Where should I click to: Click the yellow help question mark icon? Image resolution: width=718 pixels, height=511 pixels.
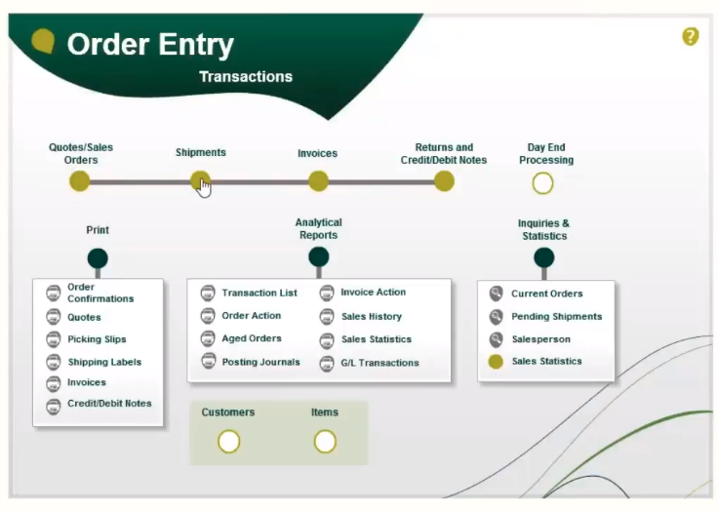click(691, 37)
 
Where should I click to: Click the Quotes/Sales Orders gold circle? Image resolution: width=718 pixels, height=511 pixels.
click(80, 181)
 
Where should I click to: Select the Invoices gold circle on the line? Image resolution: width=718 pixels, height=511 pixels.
click(318, 181)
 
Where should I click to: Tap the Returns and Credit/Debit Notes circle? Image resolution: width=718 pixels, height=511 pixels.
click(444, 181)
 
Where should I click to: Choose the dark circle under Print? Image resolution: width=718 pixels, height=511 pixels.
click(98, 258)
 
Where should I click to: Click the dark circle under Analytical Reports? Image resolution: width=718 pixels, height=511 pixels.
click(319, 256)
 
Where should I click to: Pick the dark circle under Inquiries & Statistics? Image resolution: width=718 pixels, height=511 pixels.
click(544, 257)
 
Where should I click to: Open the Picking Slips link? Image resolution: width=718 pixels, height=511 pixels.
click(97, 339)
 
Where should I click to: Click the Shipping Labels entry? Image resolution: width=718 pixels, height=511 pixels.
click(104, 362)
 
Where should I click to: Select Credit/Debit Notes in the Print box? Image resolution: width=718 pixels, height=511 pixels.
click(109, 404)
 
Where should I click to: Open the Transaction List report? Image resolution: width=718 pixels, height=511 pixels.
click(259, 294)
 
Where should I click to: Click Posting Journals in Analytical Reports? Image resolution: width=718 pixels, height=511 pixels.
click(260, 362)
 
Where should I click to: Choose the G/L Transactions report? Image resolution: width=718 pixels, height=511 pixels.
click(379, 363)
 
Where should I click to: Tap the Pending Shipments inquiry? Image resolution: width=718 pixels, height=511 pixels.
click(556, 316)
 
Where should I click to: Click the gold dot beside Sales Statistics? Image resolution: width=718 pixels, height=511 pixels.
click(496, 362)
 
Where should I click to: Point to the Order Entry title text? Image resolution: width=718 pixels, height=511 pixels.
click(150, 45)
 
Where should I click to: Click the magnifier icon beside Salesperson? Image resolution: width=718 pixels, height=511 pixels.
click(496, 339)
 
